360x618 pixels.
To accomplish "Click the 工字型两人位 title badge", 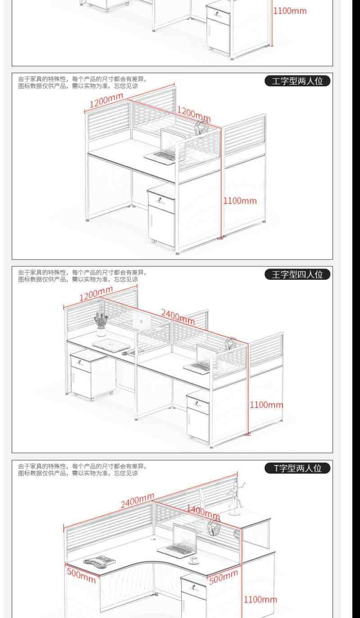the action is [x=297, y=81].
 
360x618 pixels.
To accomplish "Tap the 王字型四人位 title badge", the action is [x=297, y=274].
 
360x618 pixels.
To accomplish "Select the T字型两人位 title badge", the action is [x=297, y=468].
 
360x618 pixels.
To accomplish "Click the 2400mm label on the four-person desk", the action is [x=178, y=316].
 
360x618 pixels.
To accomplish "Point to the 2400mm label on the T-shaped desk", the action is [x=137, y=501].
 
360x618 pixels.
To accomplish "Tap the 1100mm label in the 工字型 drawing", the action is [x=240, y=201].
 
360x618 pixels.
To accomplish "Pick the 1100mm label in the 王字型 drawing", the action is [x=266, y=405].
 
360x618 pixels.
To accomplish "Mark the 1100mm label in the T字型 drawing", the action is [x=261, y=599].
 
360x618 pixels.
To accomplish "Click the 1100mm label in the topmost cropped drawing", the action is [x=290, y=10].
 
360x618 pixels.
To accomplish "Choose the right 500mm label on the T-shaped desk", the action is [x=223, y=576].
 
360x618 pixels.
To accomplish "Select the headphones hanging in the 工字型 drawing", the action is [x=200, y=128].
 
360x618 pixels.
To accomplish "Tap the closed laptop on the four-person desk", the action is [x=111, y=345].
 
